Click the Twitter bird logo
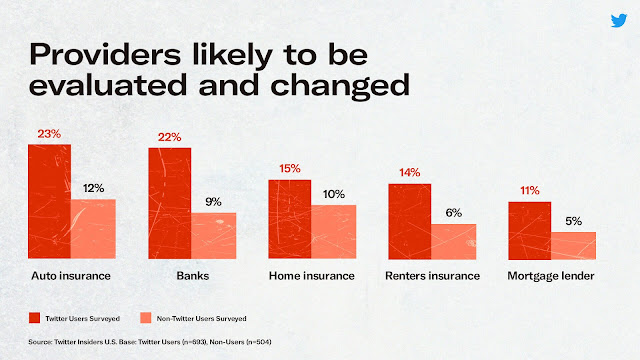point(619,20)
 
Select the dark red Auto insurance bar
point(49,201)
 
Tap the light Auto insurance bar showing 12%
point(93,229)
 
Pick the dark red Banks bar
point(170,203)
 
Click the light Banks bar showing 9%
point(213,236)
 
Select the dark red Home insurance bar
point(290,219)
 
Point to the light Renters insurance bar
point(453,242)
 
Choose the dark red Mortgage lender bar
point(530,231)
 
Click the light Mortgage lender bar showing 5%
point(573,246)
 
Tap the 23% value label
point(49,134)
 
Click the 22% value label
point(169,137)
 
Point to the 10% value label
point(334,194)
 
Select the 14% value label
point(410,173)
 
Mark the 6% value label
point(453,213)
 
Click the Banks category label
point(193,276)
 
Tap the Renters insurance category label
point(433,276)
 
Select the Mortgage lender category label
point(551,276)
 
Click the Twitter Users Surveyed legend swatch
point(34,318)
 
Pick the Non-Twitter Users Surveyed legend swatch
point(146,318)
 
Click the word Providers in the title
point(105,54)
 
